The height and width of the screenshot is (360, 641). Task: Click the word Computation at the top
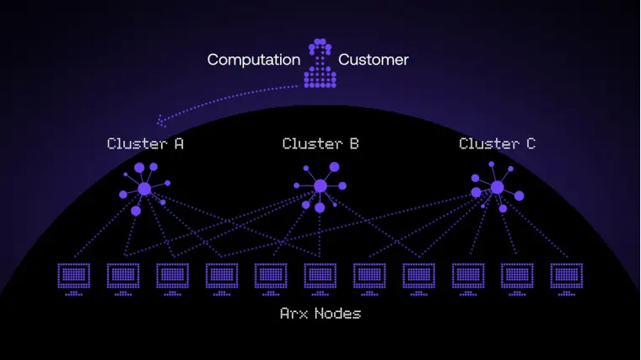tap(254, 60)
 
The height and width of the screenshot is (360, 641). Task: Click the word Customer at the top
tap(374, 60)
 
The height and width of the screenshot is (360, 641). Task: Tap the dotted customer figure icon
tap(320, 63)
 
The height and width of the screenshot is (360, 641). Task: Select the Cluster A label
tap(145, 143)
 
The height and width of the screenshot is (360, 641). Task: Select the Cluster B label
tap(320, 143)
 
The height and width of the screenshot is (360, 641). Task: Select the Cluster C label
tap(497, 143)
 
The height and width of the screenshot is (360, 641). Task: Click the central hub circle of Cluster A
tap(144, 189)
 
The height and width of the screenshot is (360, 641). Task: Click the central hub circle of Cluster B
tap(320, 186)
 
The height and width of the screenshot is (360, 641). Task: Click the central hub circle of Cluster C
tap(497, 187)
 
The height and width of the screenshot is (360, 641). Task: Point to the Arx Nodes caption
tap(320, 314)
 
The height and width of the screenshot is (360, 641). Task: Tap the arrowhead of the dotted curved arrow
tap(160, 123)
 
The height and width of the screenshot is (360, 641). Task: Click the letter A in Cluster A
tap(179, 143)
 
